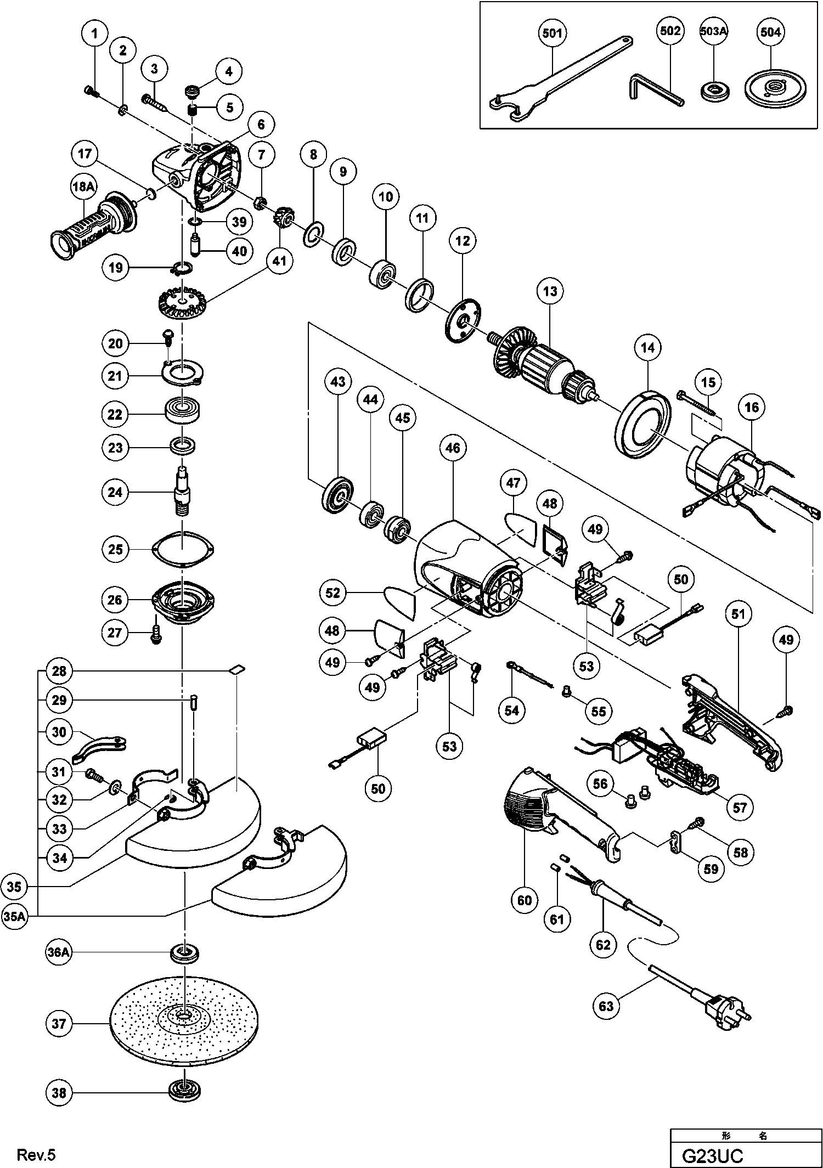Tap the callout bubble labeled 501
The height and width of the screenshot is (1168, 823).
click(552, 33)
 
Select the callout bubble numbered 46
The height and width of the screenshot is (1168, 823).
click(452, 448)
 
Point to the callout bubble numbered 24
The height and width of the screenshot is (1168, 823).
click(115, 492)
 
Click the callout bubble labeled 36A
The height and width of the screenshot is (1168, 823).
click(58, 952)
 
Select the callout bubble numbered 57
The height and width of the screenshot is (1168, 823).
click(739, 807)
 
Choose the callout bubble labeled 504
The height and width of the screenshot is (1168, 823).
click(770, 32)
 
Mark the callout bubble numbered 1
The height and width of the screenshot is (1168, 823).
click(94, 34)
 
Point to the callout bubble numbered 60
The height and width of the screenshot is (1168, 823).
click(525, 900)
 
